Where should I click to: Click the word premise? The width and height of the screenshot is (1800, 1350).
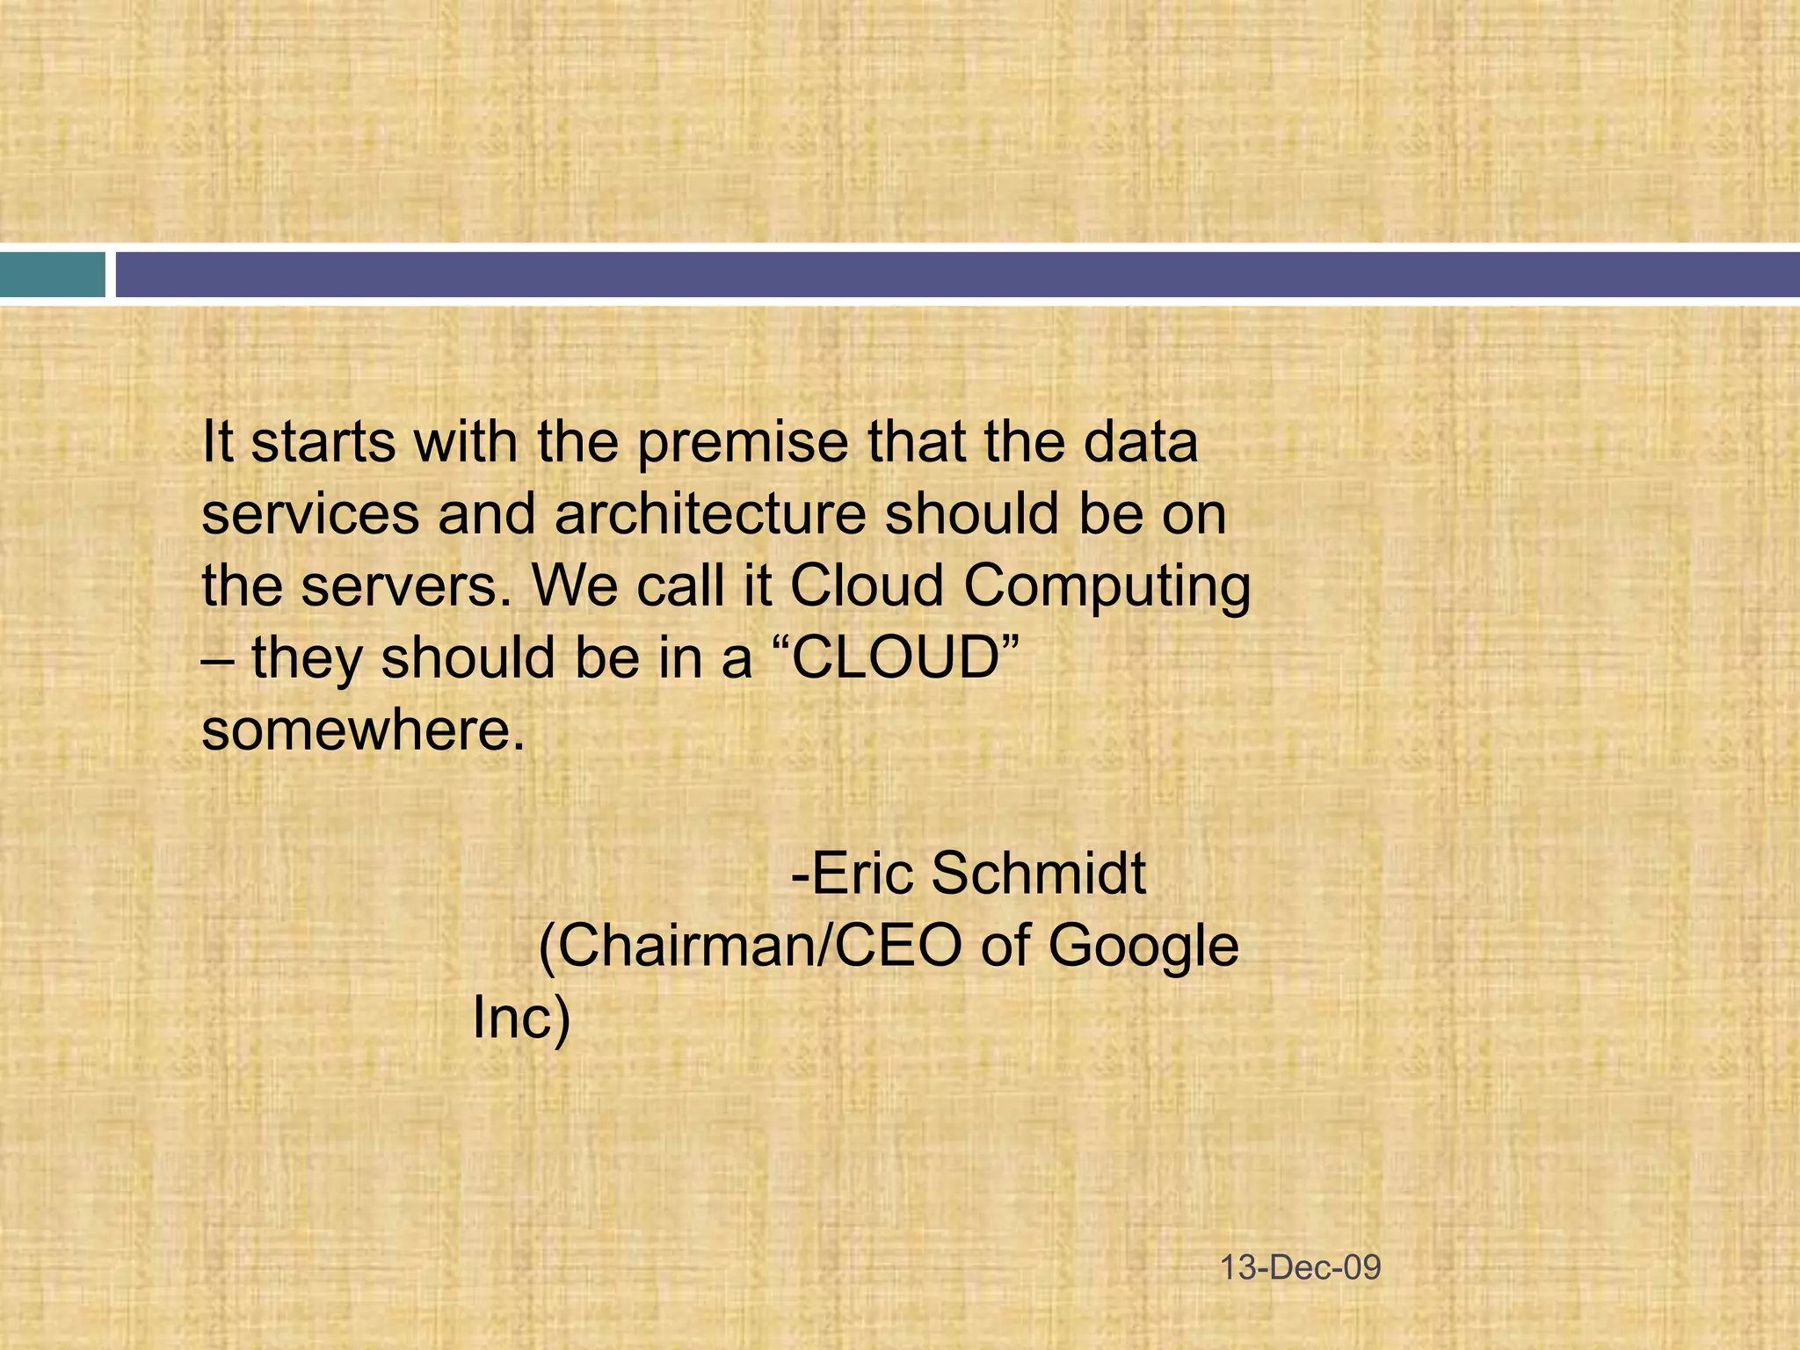point(742,443)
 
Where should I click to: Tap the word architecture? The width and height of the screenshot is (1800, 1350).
point(710,514)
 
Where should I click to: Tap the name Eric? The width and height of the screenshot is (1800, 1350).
point(865,874)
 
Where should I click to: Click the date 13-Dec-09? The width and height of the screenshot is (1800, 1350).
point(1301,1268)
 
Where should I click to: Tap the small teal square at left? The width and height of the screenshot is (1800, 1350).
point(52,274)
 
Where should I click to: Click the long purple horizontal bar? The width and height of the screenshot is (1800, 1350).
point(957,274)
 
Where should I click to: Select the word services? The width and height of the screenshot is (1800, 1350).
point(310,515)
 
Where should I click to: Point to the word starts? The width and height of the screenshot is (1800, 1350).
point(323,442)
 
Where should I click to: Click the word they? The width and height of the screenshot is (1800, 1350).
point(306,659)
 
